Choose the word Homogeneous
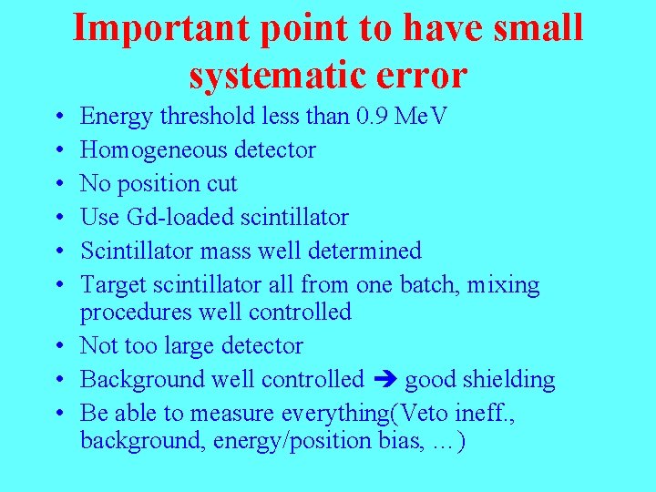point(155,150)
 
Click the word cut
point(221,184)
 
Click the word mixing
point(503,284)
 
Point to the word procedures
point(137,313)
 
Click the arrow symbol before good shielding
point(384,380)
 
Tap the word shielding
point(507,380)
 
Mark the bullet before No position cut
point(58,184)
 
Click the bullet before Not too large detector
point(58,346)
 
